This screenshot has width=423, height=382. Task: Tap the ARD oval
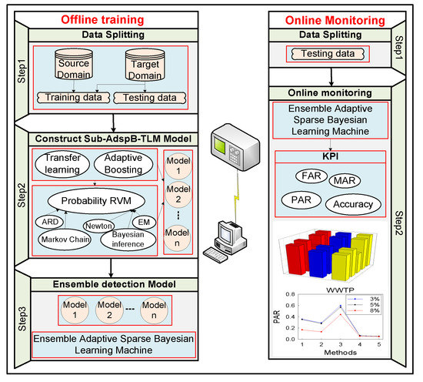click(49, 220)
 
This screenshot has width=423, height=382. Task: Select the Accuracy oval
click(352, 205)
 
